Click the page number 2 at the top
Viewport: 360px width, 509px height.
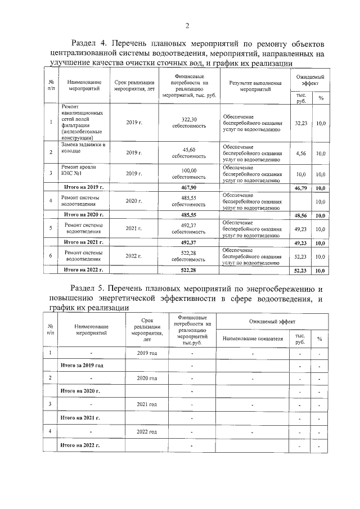click(x=187, y=24)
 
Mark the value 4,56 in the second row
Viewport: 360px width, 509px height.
click(x=301, y=152)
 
